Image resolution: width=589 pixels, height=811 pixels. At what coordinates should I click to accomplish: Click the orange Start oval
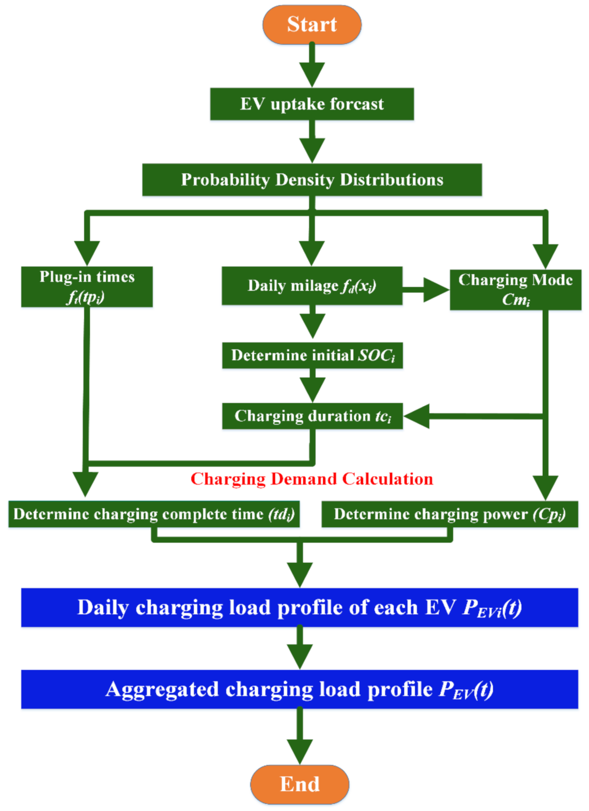point(312,25)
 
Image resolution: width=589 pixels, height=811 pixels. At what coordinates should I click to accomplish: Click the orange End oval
point(300,784)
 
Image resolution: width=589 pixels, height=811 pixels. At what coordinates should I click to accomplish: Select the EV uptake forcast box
point(312,104)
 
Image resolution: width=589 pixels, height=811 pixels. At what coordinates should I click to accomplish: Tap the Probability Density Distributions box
point(312,180)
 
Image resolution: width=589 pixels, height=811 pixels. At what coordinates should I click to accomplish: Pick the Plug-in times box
point(87,287)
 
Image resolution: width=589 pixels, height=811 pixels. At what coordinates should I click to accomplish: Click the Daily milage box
point(312,286)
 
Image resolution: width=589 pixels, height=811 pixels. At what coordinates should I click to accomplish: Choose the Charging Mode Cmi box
point(515,290)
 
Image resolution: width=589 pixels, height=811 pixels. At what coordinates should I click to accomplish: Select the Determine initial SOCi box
point(312,355)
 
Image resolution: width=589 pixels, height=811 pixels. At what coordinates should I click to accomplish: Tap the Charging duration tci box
point(312,416)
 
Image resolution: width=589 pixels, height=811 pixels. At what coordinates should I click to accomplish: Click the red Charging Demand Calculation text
point(312,479)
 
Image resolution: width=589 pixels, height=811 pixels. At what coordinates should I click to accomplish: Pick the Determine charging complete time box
point(154,514)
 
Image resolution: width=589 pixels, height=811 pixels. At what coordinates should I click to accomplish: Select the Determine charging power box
point(449,514)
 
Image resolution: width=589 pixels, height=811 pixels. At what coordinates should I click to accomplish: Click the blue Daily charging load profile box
point(300,607)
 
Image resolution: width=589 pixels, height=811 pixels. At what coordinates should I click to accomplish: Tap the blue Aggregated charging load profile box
point(300,689)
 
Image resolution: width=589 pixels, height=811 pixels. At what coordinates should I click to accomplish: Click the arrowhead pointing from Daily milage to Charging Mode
point(435,290)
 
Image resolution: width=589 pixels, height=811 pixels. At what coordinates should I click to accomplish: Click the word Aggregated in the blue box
point(162,689)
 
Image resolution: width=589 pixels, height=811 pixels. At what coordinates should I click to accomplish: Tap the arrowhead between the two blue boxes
point(300,656)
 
